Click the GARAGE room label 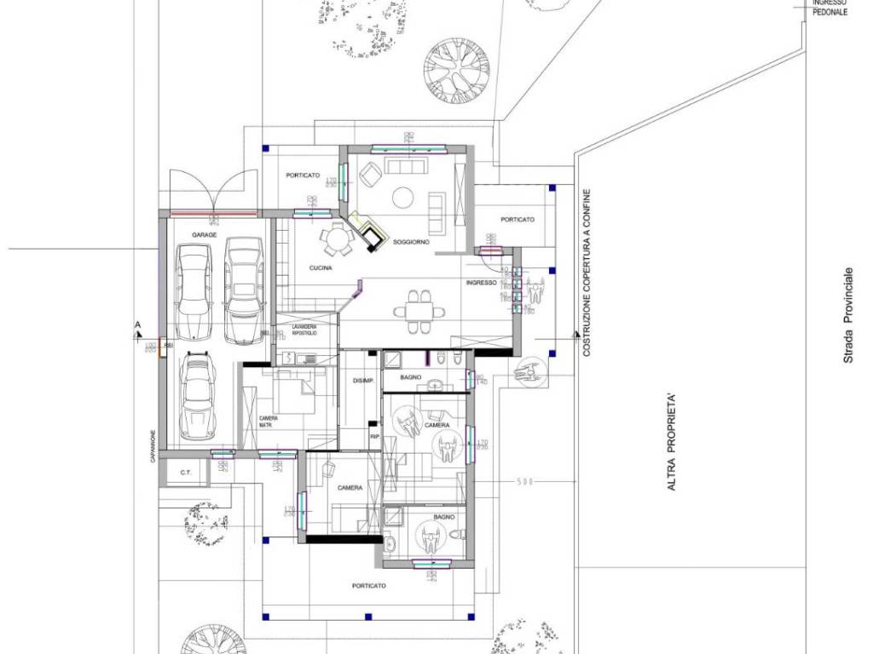204,234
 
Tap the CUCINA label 321,268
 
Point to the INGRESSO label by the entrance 481,283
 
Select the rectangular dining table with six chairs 418,312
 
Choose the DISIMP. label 363,381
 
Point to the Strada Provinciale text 848,316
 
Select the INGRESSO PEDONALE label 830,9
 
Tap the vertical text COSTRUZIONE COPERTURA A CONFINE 587,272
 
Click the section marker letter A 136,325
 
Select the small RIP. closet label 373,437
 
